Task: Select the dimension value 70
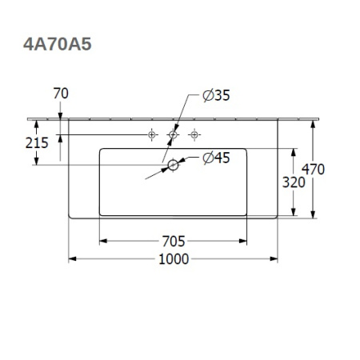point(59,94)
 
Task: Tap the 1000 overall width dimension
point(173,258)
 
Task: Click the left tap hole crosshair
point(152,136)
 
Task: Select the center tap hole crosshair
point(172,136)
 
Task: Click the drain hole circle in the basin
point(172,165)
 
